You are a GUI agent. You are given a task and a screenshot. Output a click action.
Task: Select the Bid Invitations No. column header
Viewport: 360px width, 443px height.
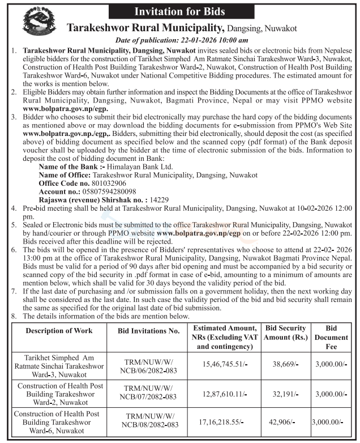coord(149,330)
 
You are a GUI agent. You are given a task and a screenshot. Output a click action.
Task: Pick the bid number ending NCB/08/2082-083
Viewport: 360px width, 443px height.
coord(149,424)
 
